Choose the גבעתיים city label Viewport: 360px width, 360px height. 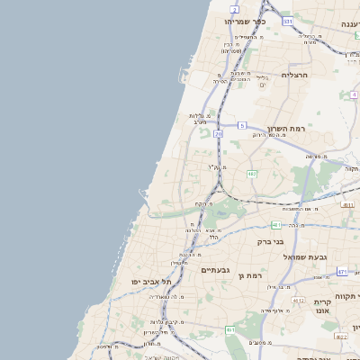coord(216,270)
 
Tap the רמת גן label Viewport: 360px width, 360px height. coord(247,275)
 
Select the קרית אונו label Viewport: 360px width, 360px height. coord(322,307)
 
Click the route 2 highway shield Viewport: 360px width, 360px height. coord(235,9)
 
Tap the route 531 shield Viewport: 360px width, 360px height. coord(287,20)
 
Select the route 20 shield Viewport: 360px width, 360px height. coord(219,134)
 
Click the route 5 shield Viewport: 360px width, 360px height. coord(241,125)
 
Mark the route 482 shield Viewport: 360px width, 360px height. coord(251,174)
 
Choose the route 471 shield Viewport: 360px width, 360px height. coord(342,271)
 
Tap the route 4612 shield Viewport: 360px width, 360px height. coord(298,300)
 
